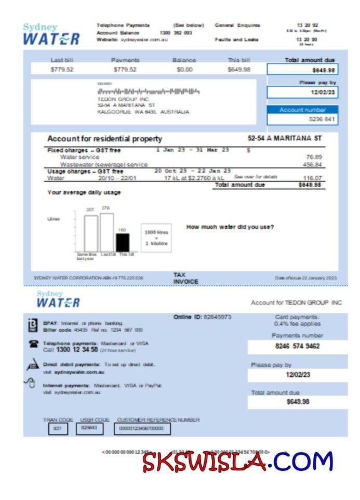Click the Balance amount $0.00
pos(184,70)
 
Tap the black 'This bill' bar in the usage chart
pos(123,242)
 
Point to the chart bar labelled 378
pos(107,232)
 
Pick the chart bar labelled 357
pos(91,233)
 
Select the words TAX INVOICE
pos(185,278)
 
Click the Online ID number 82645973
pos(217,317)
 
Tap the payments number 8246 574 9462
pos(297,346)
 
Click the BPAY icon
pos(32,325)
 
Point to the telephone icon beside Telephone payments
pos(33,345)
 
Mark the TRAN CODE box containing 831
pos(57,429)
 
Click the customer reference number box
pos(142,429)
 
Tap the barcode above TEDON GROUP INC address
pos(148,91)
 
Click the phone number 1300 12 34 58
pos(77,350)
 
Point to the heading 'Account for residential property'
pos(104,139)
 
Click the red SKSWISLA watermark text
pos(206,462)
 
